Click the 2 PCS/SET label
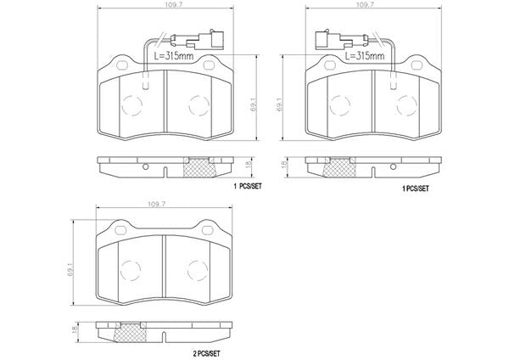206,353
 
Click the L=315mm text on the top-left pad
173,56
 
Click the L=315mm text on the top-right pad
365,56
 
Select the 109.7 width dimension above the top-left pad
174,5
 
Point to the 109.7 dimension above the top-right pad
365,5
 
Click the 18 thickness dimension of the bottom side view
75,329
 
